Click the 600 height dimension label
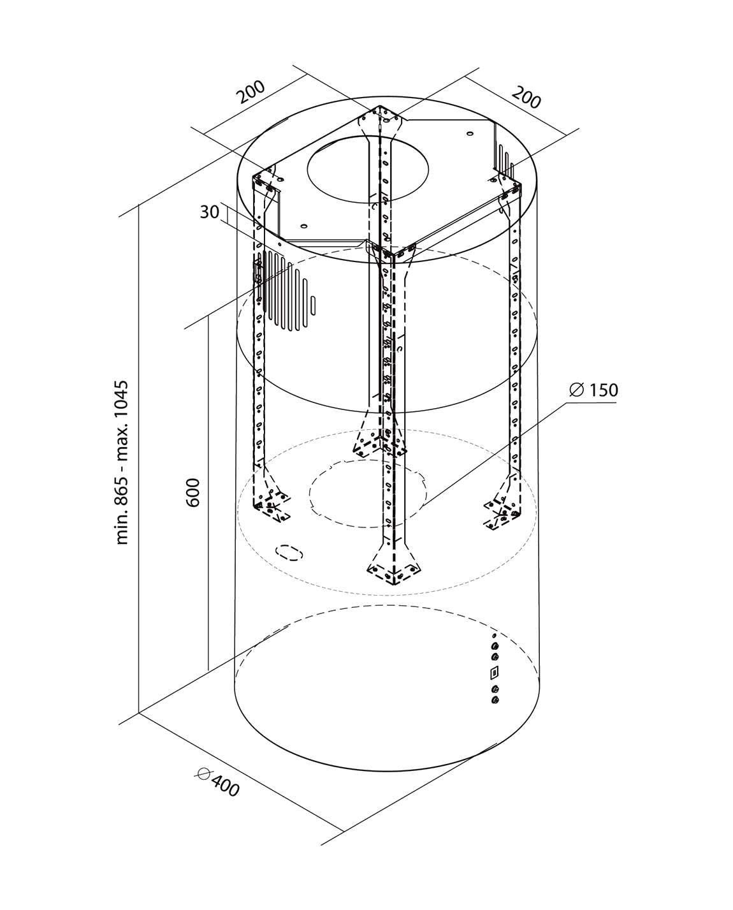coord(195,492)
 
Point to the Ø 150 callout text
coord(593,390)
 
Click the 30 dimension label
coord(209,212)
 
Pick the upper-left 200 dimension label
coord(251,92)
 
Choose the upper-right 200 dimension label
coord(526,98)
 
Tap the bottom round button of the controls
coord(495,700)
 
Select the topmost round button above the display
coord(495,646)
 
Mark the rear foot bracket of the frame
coord(380,443)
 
